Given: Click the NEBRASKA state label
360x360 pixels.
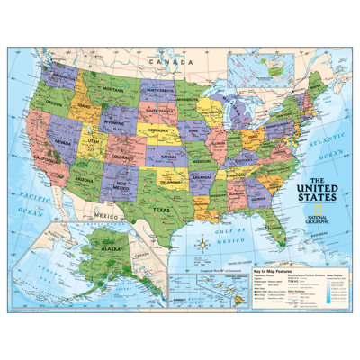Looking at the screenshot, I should [163, 131].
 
